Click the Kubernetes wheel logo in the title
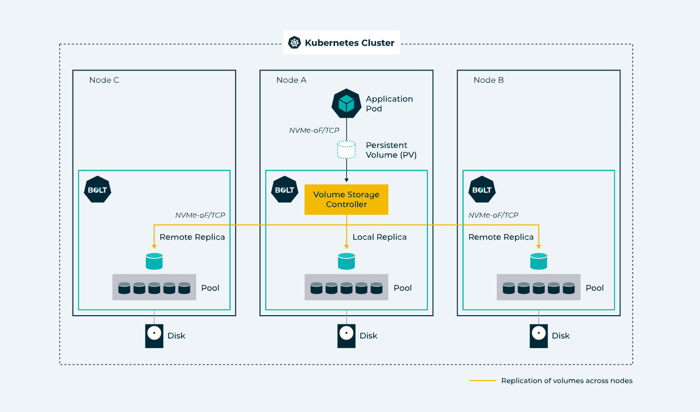click(x=294, y=43)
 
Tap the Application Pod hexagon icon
click(x=346, y=103)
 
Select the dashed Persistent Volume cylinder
click(x=346, y=149)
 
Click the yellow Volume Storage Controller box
click(x=346, y=199)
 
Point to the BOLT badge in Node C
click(x=97, y=190)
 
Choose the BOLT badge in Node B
click(x=482, y=190)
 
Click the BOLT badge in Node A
click(x=284, y=190)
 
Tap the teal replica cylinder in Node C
click(x=154, y=261)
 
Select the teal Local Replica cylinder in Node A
click(x=346, y=261)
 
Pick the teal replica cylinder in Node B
click(x=538, y=261)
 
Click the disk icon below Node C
click(x=154, y=336)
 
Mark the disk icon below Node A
click(x=346, y=336)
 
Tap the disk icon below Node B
click(x=538, y=336)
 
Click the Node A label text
click(x=291, y=80)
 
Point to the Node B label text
click(x=489, y=80)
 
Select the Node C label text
click(x=104, y=80)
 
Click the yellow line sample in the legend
click(x=483, y=381)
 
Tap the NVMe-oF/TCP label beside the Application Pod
click(x=314, y=130)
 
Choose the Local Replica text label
click(x=379, y=237)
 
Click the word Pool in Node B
click(x=595, y=288)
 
